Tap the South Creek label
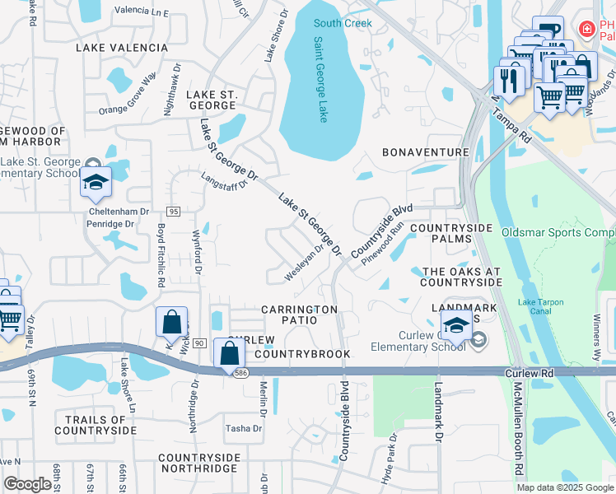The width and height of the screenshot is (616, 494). pos(343,23)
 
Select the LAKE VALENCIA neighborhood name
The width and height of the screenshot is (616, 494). pos(122,48)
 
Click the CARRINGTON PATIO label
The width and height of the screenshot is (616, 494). pos(299,316)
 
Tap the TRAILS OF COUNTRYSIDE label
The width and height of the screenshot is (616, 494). pos(96,425)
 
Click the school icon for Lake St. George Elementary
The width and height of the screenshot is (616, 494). pos(96,182)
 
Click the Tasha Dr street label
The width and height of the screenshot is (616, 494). pos(244,428)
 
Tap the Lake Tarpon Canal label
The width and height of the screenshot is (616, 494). pos(540,306)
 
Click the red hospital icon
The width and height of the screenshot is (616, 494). pos(586,30)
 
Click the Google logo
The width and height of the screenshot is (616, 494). pos(27,484)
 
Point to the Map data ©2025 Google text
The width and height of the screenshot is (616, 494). pos(565,487)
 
